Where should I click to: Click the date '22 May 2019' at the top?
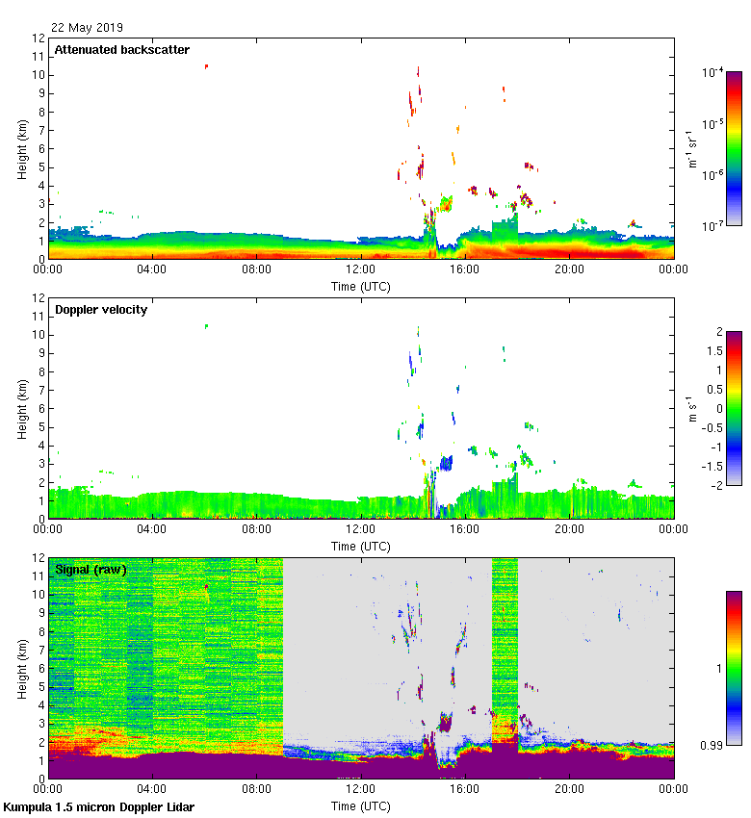pyautogui.click(x=87, y=28)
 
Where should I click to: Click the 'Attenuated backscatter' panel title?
pyautogui.click(x=121, y=50)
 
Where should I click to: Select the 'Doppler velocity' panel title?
pyautogui.click(x=101, y=310)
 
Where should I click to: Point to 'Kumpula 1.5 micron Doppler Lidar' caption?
pyautogui.click(x=99, y=807)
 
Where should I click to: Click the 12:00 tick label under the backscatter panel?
pyautogui.click(x=360, y=269)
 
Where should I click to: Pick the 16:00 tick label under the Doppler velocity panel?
pyautogui.click(x=465, y=529)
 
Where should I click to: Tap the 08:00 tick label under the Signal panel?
pyautogui.click(x=256, y=789)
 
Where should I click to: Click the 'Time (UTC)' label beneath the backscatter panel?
pyautogui.click(x=360, y=286)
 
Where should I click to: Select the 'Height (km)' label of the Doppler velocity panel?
pyautogui.click(x=21, y=408)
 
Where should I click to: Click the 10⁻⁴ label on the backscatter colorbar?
pyautogui.click(x=713, y=73)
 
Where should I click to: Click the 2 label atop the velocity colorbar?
pyautogui.click(x=718, y=332)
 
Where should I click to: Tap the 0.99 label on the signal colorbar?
pyautogui.click(x=712, y=746)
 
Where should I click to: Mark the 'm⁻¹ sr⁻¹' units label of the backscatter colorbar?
pyautogui.click(x=691, y=148)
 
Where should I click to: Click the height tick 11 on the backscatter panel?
pyautogui.click(x=39, y=57)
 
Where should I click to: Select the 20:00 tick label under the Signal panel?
pyautogui.click(x=569, y=789)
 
